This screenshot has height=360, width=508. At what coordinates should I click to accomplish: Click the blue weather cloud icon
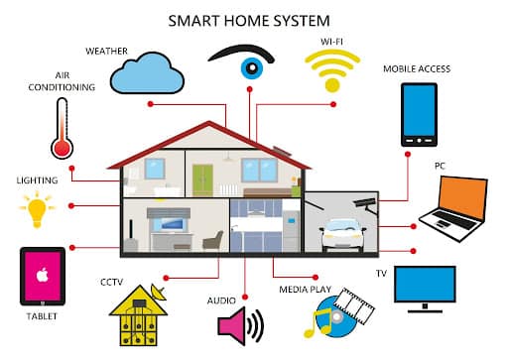click(x=146, y=71)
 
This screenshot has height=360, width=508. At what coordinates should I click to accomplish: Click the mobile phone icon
click(x=418, y=115)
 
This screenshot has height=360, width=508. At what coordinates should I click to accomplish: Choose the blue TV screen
click(x=425, y=283)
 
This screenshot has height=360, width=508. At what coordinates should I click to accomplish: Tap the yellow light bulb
click(x=38, y=209)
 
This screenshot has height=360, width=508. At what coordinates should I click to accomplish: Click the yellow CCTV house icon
click(x=139, y=314)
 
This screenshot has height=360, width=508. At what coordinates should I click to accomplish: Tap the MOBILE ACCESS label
click(x=417, y=69)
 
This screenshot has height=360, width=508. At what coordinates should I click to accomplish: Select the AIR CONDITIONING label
click(x=62, y=80)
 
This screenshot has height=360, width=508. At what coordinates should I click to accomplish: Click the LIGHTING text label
click(x=38, y=181)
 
